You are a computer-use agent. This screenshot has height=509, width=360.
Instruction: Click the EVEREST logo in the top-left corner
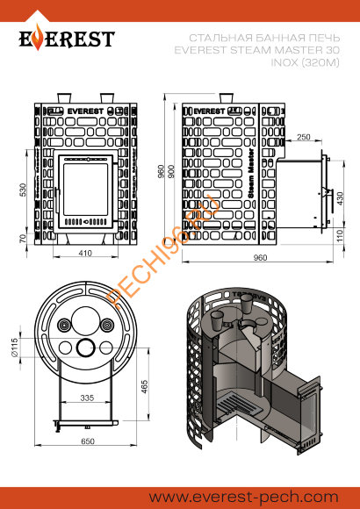pos(68,40)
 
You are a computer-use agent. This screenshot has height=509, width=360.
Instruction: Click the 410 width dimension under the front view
pos(84,253)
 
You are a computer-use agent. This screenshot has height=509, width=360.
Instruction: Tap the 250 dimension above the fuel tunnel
pos(303,138)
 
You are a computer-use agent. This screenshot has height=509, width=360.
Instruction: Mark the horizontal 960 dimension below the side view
pos(260,258)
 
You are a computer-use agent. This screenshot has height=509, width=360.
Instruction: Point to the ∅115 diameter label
pos(14,349)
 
